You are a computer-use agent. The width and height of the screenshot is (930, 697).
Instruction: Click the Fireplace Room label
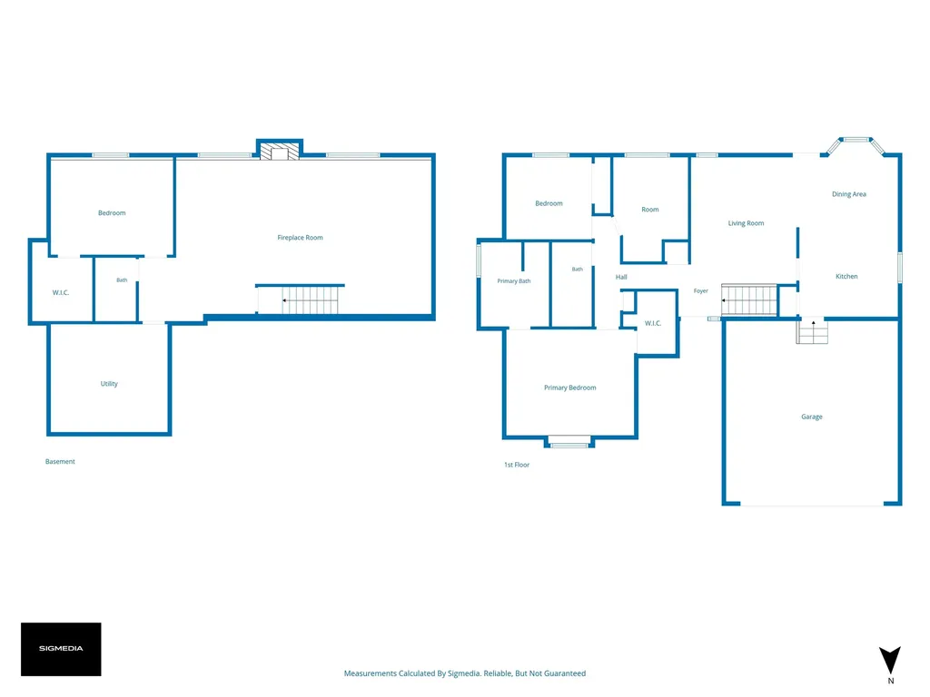tap(300, 238)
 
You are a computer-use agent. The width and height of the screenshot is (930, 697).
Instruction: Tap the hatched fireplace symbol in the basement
tap(280, 152)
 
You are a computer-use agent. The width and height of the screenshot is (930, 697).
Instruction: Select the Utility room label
tap(109, 384)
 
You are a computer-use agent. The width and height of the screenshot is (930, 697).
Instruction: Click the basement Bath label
tap(122, 280)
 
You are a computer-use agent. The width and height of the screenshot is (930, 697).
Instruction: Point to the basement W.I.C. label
tap(61, 292)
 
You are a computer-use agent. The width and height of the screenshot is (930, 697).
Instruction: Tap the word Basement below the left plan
tap(60, 461)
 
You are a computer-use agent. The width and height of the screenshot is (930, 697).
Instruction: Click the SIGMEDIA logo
tap(61, 649)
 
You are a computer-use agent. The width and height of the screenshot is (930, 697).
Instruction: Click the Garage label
tap(812, 417)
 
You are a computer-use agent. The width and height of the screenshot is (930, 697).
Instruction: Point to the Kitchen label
tap(846, 276)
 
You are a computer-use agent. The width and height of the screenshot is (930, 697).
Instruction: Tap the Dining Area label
tap(849, 194)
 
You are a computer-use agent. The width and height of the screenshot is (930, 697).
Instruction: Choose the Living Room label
tap(747, 223)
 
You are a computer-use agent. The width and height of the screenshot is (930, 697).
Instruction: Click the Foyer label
tap(700, 291)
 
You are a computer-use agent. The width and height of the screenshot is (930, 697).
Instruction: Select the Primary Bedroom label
tap(570, 388)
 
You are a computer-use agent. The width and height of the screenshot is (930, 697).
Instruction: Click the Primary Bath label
tap(514, 281)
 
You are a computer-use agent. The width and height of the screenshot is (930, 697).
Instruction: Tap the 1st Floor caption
tap(517, 465)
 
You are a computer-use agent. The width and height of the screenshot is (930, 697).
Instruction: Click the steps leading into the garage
tap(812, 332)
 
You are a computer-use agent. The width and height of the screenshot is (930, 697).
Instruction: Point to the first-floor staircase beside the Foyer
tap(749, 299)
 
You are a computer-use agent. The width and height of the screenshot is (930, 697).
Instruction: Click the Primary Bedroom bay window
tap(569, 442)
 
